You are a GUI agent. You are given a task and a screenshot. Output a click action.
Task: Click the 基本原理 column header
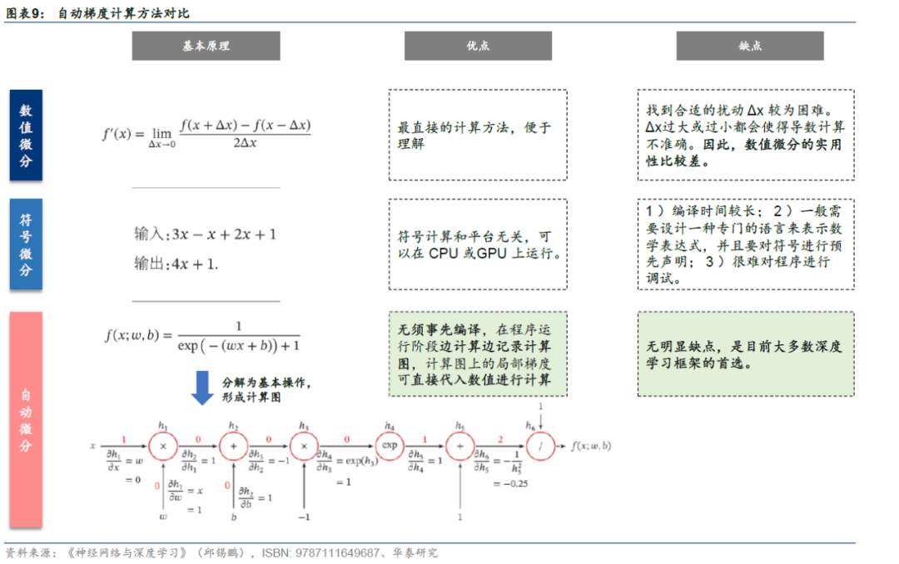[x=206, y=46]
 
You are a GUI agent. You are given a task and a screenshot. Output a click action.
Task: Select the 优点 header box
[x=478, y=46]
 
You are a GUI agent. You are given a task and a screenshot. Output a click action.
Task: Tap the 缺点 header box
[x=749, y=46]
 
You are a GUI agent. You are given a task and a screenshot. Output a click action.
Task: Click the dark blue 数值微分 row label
[x=26, y=136]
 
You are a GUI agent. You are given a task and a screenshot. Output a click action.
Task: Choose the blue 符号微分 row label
[x=26, y=244]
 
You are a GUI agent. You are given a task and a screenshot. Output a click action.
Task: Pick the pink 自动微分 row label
[x=26, y=420]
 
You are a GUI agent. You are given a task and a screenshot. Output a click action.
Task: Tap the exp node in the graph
[x=389, y=446]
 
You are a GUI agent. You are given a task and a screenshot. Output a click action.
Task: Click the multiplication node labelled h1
[x=163, y=446]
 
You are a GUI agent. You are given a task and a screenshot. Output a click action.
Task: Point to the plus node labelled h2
[x=234, y=446]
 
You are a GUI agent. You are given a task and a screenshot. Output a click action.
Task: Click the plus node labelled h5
[x=459, y=446]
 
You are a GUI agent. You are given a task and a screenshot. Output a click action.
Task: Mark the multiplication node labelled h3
[x=305, y=446]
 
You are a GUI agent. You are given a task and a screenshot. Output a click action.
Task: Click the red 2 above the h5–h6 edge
[x=499, y=438]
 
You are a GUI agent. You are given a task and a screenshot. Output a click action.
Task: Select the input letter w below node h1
[x=163, y=517]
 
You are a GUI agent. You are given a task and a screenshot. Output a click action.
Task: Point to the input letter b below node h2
[x=234, y=517]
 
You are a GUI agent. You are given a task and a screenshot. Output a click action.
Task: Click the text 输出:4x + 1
[x=176, y=264]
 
